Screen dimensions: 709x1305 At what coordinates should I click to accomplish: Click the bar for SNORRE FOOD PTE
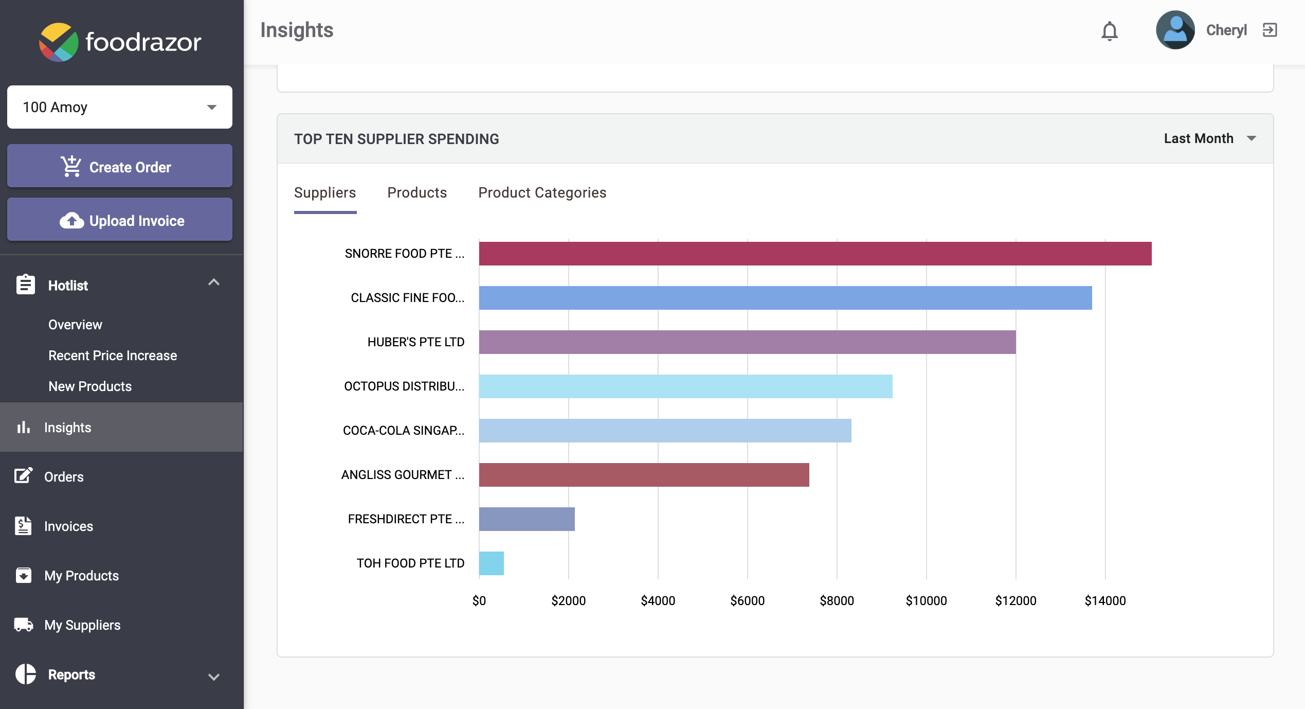coord(815,254)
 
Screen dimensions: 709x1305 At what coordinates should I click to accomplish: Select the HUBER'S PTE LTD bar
coord(747,342)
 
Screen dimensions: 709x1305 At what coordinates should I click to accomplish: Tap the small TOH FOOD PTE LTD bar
coord(491,563)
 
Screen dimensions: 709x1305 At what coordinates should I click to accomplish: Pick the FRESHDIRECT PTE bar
coord(527,519)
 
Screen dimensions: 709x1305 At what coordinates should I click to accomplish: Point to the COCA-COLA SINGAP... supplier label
coord(404,431)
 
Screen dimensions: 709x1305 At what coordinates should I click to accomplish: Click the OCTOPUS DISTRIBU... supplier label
coord(404,386)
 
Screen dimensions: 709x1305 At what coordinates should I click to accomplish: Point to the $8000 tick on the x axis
coord(837,600)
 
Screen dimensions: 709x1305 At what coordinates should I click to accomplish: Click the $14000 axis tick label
coord(1105,600)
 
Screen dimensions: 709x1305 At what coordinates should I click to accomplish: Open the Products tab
coord(417,192)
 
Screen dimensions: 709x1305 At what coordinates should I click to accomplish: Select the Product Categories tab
coord(542,192)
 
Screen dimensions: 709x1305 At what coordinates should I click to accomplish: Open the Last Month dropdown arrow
coord(1252,138)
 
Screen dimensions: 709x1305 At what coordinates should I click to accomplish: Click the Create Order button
coord(120,167)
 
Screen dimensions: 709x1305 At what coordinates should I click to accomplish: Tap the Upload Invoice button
coord(120,220)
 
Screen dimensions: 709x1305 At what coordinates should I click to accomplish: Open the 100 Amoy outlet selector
coord(120,107)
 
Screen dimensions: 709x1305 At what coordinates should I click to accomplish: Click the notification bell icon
coord(1110,31)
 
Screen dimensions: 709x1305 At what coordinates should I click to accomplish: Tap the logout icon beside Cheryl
coord(1270,30)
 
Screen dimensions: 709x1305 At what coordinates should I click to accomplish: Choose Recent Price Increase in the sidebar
coord(113,356)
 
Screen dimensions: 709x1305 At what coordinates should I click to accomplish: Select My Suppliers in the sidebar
coord(82,625)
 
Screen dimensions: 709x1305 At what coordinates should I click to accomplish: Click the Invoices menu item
coord(68,526)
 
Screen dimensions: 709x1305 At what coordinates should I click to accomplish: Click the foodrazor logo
coord(120,42)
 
